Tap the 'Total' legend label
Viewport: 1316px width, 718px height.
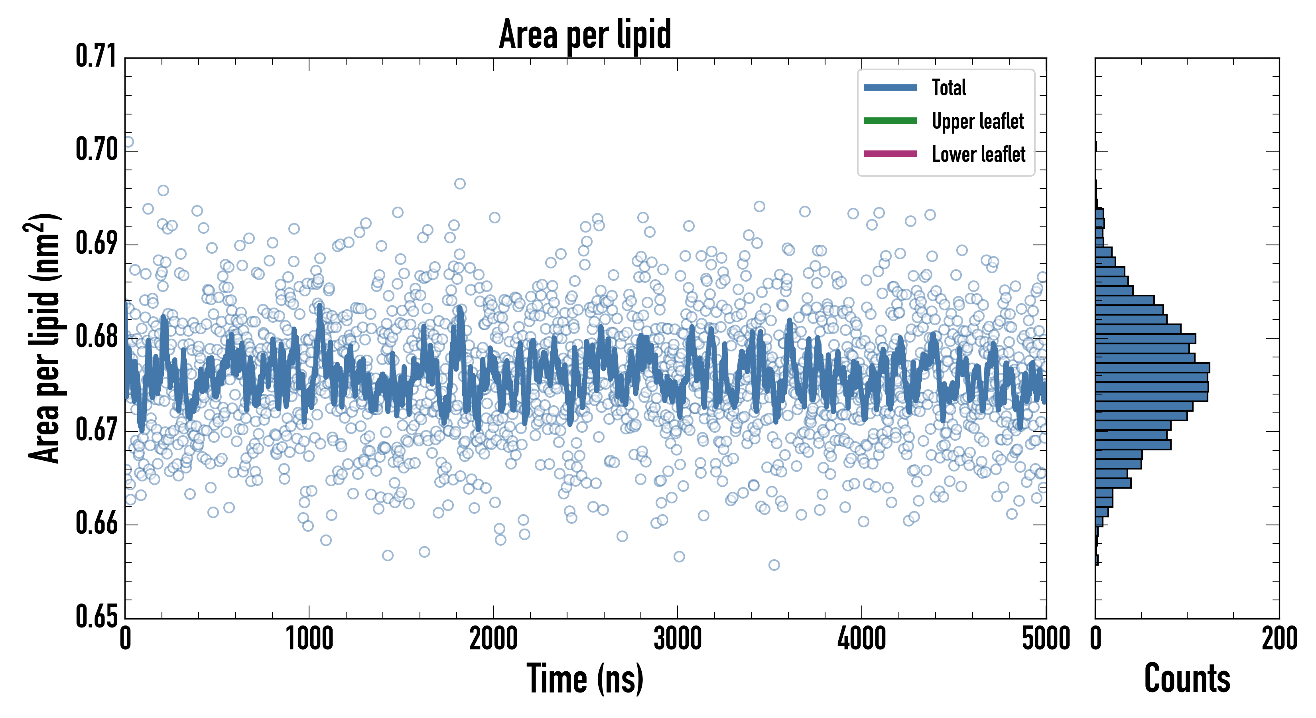coord(949,87)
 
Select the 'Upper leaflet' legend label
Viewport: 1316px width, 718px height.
coord(977,121)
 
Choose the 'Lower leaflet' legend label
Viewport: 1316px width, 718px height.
coord(978,154)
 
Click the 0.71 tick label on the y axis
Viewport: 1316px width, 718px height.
coord(97,56)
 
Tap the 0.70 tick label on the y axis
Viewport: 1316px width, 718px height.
coord(97,150)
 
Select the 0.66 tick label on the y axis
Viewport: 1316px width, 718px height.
coord(97,523)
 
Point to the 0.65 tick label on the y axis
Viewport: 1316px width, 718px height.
coord(97,616)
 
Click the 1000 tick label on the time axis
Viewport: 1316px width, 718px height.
coord(309,639)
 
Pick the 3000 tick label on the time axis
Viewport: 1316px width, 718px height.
coord(678,639)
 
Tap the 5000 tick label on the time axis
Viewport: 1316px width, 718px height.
coord(1046,639)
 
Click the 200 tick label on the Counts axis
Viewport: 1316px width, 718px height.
coord(1279,639)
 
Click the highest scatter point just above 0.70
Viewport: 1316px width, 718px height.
coord(128,142)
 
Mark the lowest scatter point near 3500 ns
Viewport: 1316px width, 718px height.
coord(774,565)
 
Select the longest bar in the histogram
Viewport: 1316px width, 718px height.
coord(1152,367)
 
